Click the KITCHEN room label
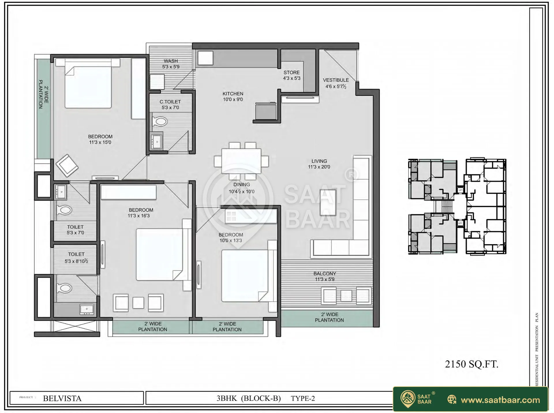(233, 96)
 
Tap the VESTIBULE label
(336, 83)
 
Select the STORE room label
(292, 75)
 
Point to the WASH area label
(171, 64)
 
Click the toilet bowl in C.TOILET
(160, 122)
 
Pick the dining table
(241, 161)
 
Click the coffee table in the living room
(328, 202)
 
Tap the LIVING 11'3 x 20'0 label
(319, 164)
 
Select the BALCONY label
(325, 276)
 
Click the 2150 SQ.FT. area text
(472, 364)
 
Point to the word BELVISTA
(62, 398)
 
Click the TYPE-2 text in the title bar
(303, 398)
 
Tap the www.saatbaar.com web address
(500, 400)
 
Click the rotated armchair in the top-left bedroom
(67, 166)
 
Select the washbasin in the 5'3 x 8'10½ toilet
(87, 309)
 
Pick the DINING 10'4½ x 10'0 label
(242, 188)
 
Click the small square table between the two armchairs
(138, 303)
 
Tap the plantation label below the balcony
(330, 317)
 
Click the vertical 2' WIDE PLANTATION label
(44, 94)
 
